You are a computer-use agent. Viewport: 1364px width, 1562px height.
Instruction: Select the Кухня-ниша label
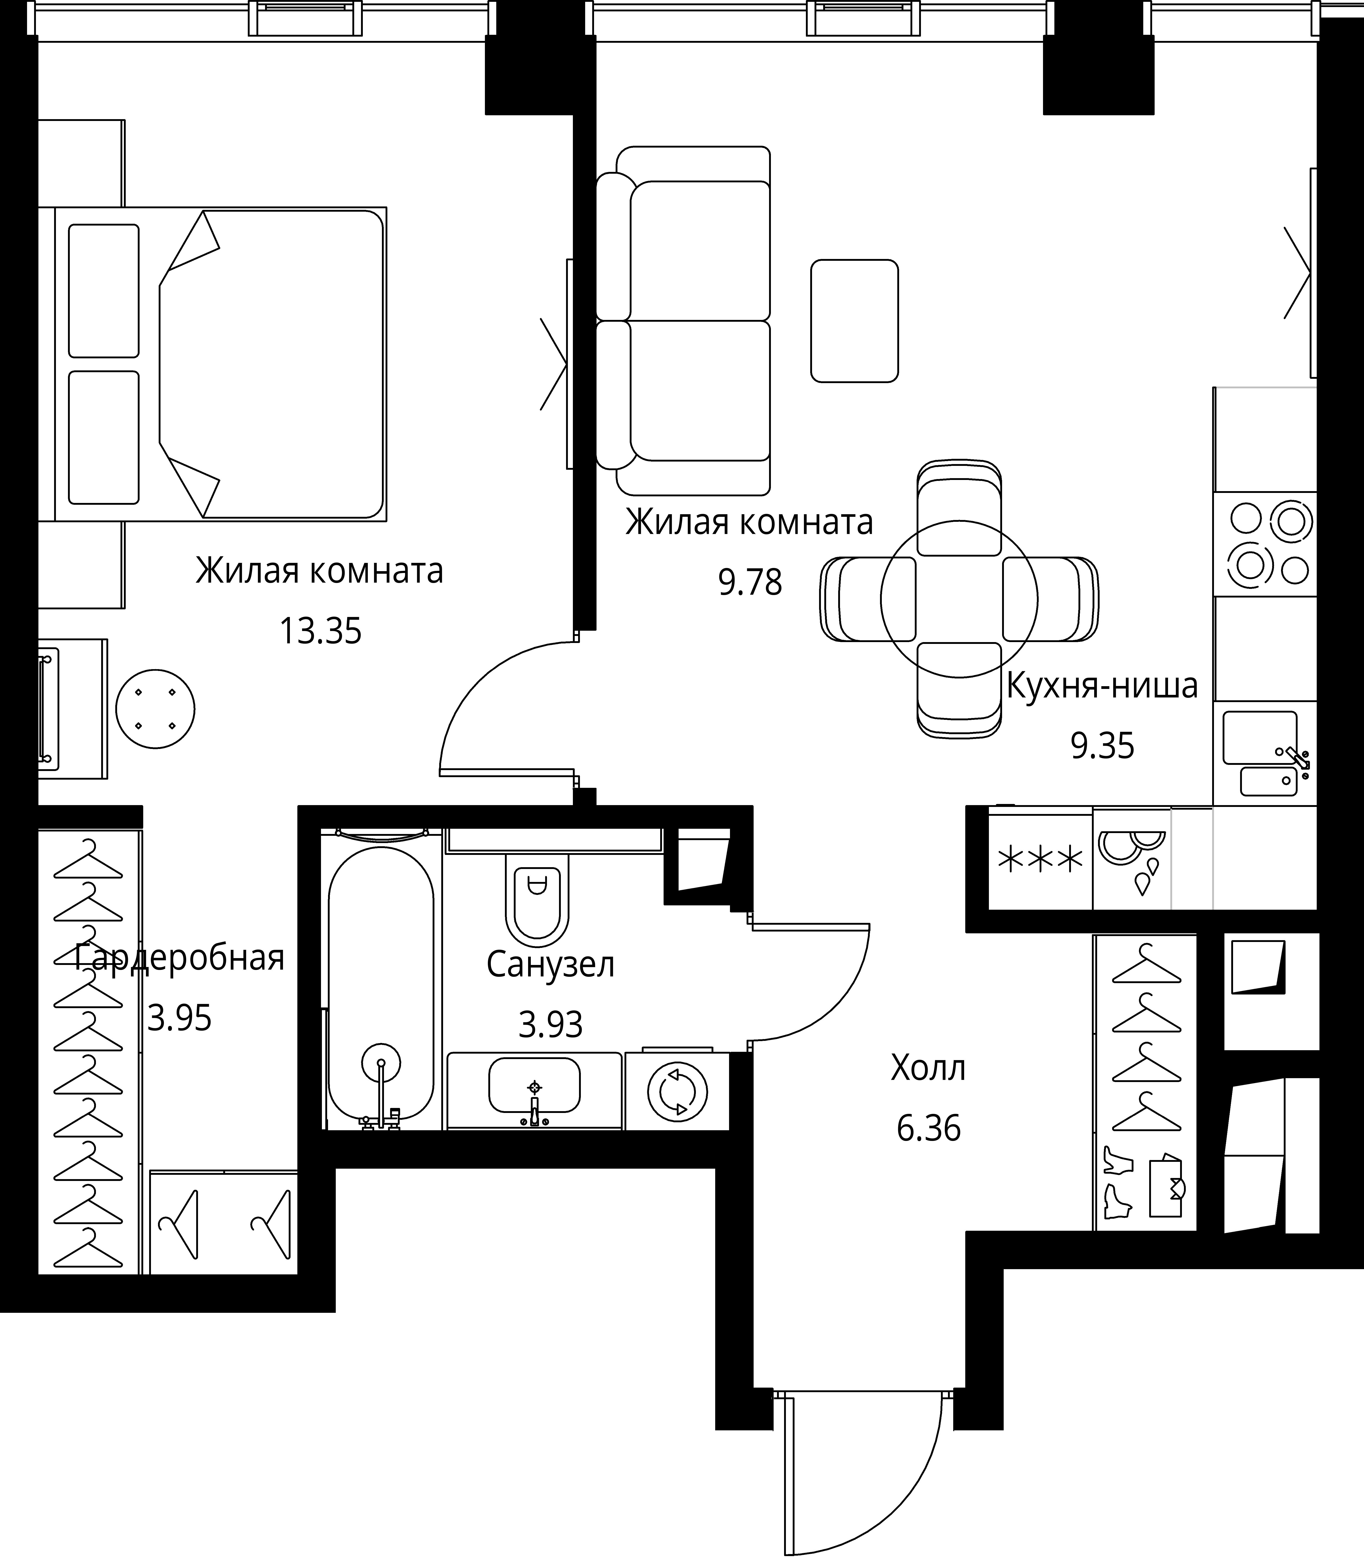tap(1102, 686)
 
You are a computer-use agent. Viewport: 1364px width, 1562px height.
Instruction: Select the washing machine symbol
tap(677, 1091)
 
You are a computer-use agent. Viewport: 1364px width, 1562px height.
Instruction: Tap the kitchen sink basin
tap(1260, 738)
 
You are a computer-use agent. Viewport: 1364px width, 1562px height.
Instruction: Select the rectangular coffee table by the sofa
tap(855, 320)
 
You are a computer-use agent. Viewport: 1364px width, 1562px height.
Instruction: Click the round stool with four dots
tap(155, 709)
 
